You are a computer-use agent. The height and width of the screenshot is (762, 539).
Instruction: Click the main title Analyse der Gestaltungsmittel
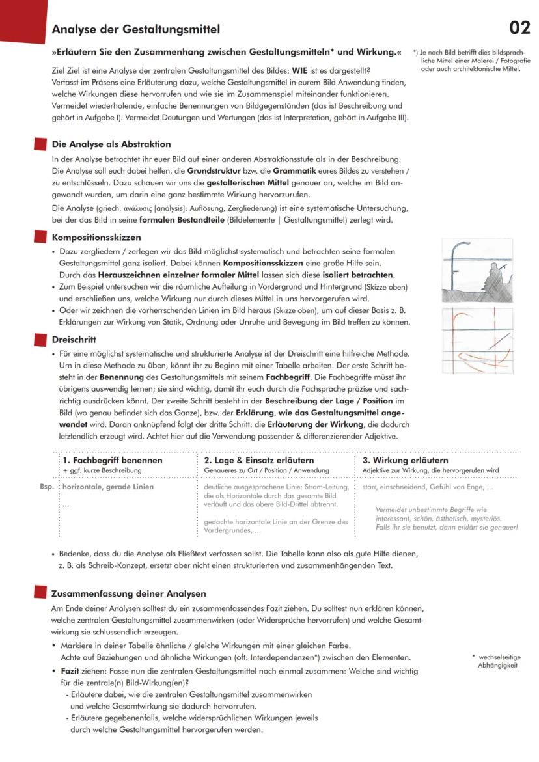click(x=135, y=29)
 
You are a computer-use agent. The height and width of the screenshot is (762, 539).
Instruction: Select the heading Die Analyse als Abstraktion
click(x=111, y=144)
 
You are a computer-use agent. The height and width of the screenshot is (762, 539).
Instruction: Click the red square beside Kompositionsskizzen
click(x=40, y=237)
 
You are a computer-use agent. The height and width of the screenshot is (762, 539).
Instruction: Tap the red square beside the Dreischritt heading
click(x=40, y=339)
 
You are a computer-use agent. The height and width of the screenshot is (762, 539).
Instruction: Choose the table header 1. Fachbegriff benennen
click(x=113, y=460)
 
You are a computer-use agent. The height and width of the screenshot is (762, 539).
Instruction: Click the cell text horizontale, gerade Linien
click(x=109, y=487)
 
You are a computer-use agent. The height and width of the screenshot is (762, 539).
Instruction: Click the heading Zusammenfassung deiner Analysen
click(x=129, y=593)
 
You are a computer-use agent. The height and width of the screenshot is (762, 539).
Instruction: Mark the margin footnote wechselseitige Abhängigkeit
click(x=498, y=661)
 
